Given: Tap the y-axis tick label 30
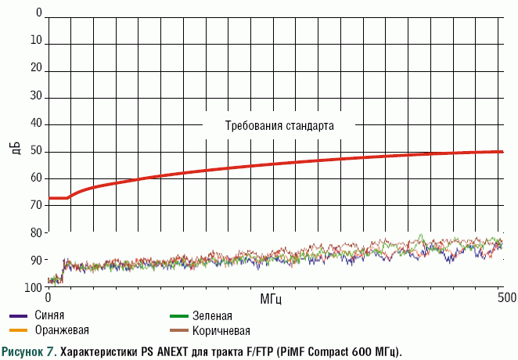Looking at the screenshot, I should coord(36,97).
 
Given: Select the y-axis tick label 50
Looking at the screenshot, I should coord(36,151).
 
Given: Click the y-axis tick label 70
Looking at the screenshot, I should coord(36,206).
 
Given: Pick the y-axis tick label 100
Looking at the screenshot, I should coord(34,287).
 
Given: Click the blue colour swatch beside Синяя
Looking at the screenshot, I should coord(18,316).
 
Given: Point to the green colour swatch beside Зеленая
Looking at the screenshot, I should coord(178,316).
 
